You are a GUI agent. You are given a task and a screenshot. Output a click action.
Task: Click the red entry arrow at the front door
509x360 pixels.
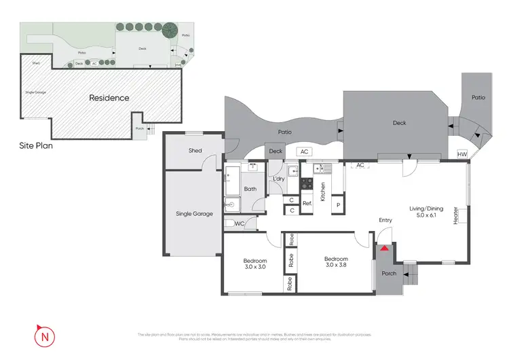(384, 248)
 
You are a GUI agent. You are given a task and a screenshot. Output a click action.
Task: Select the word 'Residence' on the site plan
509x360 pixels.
(109, 98)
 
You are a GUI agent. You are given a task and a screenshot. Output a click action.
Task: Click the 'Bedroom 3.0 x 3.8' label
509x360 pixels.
(336, 262)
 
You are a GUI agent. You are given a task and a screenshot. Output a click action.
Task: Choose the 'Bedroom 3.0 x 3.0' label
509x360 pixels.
(255, 264)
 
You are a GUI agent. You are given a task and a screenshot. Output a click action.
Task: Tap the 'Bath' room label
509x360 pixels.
(250, 190)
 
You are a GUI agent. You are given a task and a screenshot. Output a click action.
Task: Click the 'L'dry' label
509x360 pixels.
(278, 179)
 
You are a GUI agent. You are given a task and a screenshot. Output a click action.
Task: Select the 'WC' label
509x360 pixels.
(239, 223)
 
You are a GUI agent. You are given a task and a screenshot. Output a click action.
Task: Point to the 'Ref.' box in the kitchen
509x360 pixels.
(307, 203)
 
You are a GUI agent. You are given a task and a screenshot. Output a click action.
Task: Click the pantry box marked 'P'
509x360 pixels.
(338, 204)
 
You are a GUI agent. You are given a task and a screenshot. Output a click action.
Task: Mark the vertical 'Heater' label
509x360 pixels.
(456, 215)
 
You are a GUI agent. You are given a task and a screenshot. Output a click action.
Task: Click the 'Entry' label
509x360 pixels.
(385, 220)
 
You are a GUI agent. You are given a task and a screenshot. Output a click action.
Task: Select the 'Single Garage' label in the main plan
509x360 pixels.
(194, 213)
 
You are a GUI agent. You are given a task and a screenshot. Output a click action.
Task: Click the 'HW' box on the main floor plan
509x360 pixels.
(463, 154)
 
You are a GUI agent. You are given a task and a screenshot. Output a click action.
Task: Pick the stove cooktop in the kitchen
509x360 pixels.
(306, 183)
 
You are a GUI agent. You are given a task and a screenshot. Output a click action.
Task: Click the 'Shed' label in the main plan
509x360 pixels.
(195, 151)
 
